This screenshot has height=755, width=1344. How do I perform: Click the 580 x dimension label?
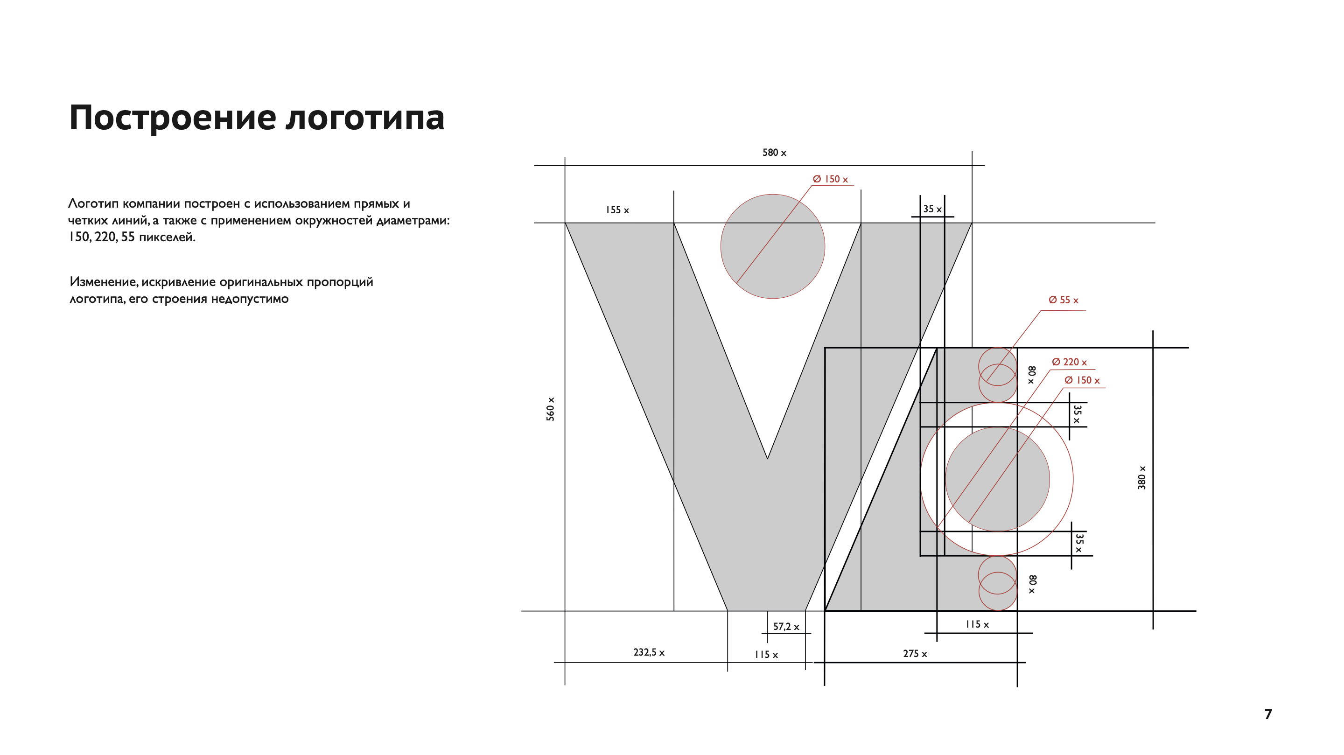tap(774, 153)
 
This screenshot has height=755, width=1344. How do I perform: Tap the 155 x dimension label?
tap(617, 210)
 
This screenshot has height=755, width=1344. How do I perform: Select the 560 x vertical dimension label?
tap(551, 409)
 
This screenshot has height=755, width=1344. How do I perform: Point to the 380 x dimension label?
tap(1141, 477)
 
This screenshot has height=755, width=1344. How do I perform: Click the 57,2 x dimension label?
tap(786, 626)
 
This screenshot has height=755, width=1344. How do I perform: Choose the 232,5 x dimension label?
tap(649, 652)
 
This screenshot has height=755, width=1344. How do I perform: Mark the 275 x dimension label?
tap(915, 654)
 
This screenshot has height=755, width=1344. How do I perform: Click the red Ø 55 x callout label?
tap(1064, 300)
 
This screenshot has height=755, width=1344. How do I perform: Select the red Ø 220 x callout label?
tap(1069, 362)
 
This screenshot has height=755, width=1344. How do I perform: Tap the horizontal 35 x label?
tap(932, 209)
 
